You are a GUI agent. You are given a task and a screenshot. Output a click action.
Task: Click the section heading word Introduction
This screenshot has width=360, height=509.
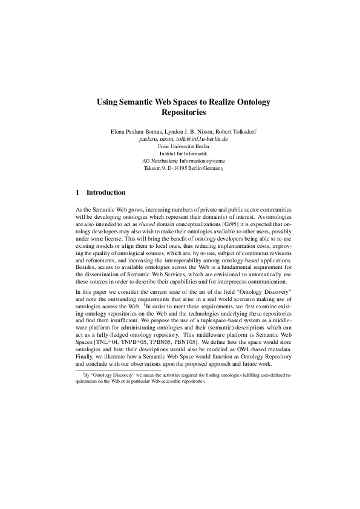click(106, 193)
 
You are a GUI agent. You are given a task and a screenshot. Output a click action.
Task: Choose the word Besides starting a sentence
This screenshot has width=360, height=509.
click(85, 268)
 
